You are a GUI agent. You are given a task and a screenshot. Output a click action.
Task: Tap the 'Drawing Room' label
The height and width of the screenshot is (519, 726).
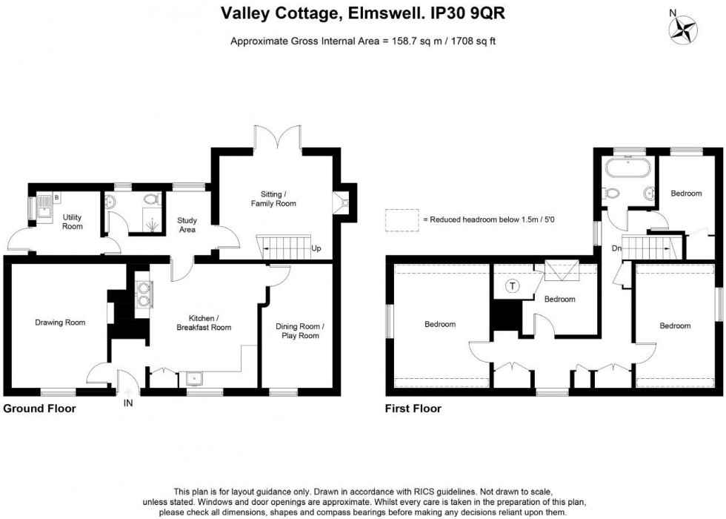tap(60, 323)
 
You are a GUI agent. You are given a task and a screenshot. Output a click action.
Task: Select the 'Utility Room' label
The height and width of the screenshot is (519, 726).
tap(72, 222)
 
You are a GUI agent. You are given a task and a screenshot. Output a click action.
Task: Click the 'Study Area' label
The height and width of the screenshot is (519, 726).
tap(187, 225)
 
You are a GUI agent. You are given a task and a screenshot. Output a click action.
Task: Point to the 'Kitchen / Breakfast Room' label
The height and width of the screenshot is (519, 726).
tap(204, 323)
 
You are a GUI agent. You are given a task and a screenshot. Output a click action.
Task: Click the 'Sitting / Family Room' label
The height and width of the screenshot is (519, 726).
tap(273, 198)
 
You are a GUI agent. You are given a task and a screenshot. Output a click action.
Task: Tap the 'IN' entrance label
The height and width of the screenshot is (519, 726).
tap(128, 403)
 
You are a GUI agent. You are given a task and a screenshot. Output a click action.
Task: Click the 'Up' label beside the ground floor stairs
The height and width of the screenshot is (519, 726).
tap(316, 248)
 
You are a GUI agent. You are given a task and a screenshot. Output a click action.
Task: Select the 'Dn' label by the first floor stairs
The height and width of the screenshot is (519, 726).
tap(615, 248)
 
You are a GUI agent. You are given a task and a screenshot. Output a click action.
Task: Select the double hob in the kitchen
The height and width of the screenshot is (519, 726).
tap(142, 295)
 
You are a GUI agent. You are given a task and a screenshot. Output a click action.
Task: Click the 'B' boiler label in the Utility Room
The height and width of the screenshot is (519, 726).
tap(56, 198)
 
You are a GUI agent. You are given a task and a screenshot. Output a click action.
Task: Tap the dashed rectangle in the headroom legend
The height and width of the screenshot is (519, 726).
tap(401, 219)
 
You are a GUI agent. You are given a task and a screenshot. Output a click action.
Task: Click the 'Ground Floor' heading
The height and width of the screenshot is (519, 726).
tap(39, 409)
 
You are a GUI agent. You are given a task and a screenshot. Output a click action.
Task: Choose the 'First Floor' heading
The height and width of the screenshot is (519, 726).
tap(413, 409)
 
